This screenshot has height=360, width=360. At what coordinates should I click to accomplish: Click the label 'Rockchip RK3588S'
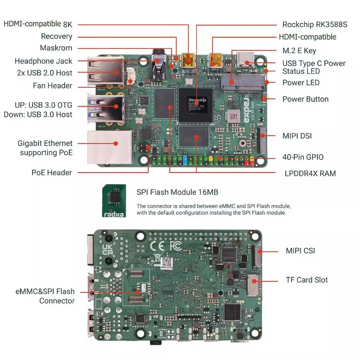315,24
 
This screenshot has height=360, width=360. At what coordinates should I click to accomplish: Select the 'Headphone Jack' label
43,61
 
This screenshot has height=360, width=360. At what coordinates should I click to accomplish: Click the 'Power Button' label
305,99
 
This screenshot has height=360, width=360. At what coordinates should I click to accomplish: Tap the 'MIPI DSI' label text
297,136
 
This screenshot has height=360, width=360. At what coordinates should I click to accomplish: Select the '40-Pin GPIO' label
303,157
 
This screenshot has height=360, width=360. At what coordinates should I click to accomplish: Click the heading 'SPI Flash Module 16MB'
177,192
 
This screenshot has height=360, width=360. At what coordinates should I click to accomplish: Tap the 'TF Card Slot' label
307,280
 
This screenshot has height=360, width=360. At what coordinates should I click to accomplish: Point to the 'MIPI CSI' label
300,251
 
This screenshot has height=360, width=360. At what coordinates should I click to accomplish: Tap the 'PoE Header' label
51,173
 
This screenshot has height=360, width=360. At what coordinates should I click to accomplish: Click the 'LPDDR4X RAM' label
310,174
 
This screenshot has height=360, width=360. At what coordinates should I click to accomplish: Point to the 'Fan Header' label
53,86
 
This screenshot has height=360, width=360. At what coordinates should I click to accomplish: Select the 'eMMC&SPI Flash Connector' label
45,296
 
